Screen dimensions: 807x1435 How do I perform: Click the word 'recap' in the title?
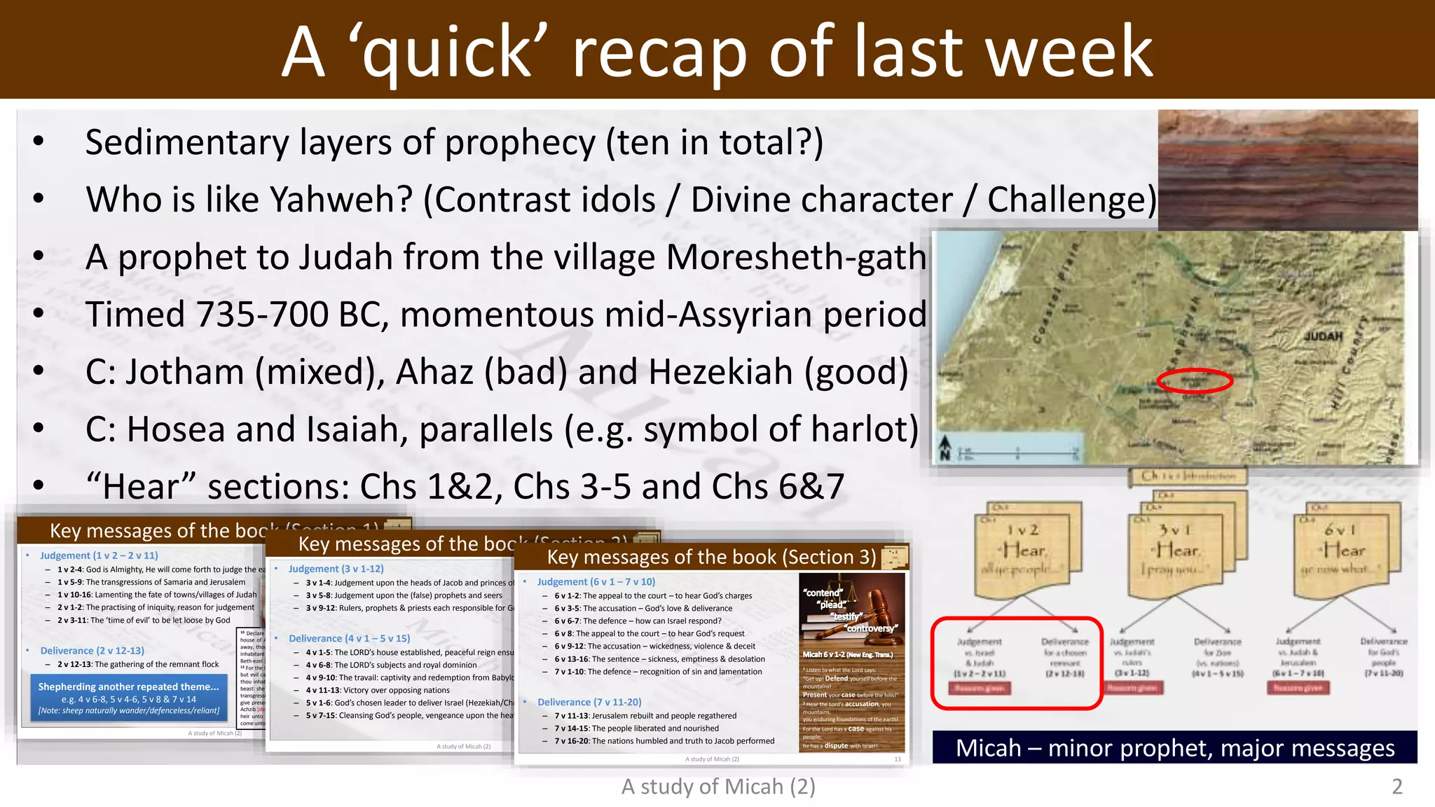coord(659,52)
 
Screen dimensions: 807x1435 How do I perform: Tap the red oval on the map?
coord(1194,380)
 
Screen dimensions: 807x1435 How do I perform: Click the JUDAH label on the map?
coord(1322,336)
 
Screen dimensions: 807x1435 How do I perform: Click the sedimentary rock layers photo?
coord(1287,170)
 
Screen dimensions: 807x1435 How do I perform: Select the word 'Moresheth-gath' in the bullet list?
coord(796,257)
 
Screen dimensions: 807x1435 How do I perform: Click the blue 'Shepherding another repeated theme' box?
coord(129,698)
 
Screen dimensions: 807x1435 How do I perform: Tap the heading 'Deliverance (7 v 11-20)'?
coord(589,702)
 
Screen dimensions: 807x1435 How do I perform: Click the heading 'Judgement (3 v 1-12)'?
coord(336,569)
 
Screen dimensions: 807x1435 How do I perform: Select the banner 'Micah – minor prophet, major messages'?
coord(1174,747)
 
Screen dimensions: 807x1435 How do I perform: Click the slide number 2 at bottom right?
coord(1396,787)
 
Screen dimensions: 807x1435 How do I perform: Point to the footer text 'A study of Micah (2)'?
coord(717,787)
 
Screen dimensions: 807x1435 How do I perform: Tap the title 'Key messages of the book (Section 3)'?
coord(710,557)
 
